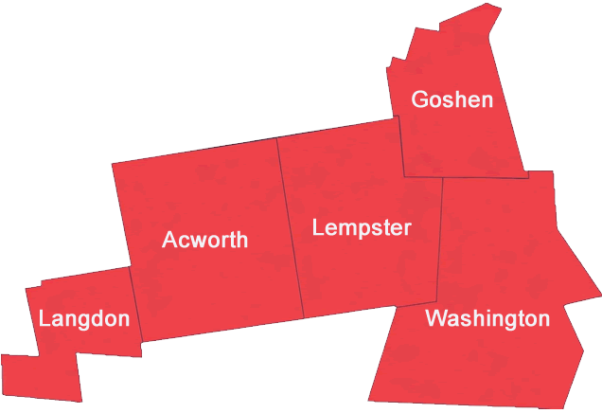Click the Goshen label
[452, 99]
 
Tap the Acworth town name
[204, 240]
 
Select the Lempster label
[362, 228]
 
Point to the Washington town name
[487, 318]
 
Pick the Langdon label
[84, 319]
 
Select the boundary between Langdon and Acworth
[134, 303]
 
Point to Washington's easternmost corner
[599, 295]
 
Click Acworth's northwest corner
[112, 164]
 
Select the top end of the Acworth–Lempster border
[276, 137]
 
